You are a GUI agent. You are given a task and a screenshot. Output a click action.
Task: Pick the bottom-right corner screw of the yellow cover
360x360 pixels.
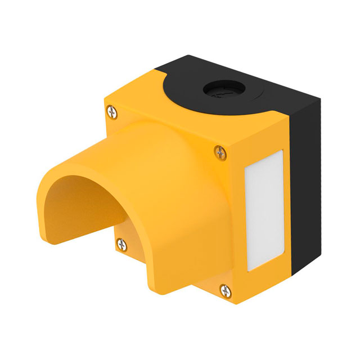[226, 290]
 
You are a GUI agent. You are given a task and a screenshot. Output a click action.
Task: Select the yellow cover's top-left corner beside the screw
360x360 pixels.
[107, 104]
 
